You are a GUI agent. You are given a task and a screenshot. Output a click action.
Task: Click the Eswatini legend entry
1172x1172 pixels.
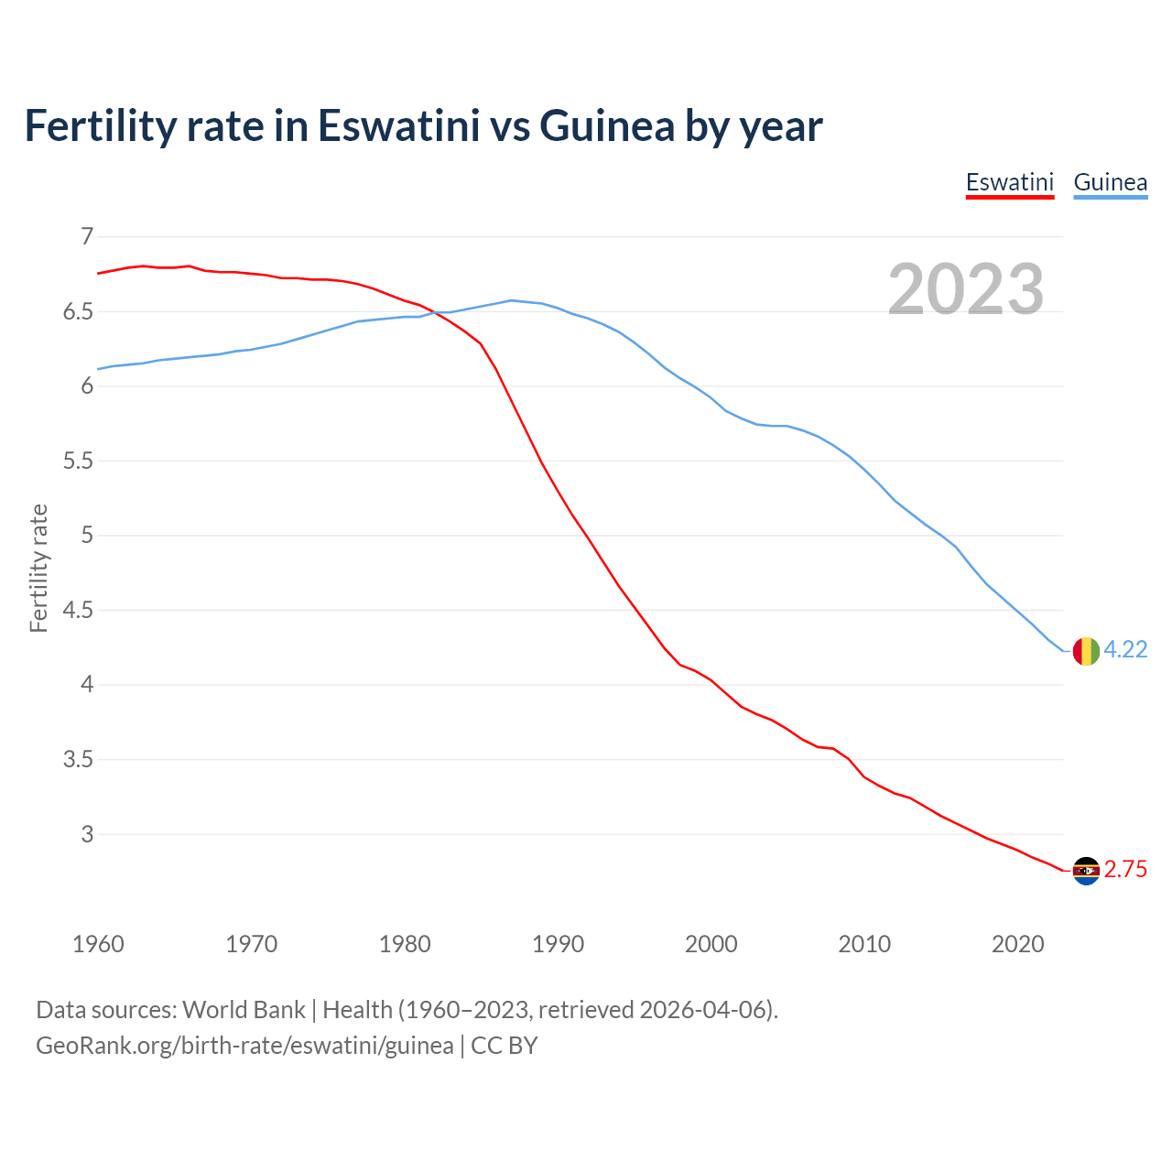pyautogui.click(x=1009, y=182)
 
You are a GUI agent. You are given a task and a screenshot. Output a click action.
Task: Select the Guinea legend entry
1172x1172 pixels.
pyautogui.click(x=1110, y=182)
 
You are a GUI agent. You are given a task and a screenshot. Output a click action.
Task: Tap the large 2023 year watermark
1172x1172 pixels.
pyautogui.click(x=966, y=289)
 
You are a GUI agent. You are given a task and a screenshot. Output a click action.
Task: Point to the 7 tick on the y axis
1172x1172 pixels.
pyautogui.click(x=87, y=237)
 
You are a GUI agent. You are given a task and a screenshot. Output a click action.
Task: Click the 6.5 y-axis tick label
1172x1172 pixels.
pyautogui.click(x=78, y=312)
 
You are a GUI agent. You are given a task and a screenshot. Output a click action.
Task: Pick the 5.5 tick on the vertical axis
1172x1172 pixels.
pyautogui.click(x=78, y=461)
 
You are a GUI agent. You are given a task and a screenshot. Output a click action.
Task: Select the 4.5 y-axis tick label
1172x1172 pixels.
pyautogui.click(x=78, y=611)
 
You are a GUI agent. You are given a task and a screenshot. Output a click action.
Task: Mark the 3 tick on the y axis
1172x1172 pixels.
pyautogui.click(x=87, y=834)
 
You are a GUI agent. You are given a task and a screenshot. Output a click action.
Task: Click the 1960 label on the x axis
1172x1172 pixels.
pyautogui.click(x=98, y=944)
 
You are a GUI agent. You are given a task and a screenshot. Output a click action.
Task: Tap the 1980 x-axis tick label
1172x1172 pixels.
pyautogui.click(x=405, y=944)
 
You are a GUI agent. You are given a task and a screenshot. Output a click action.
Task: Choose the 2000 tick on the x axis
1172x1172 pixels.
pyautogui.click(x=711, y=944)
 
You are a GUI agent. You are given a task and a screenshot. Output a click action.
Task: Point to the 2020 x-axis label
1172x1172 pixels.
pyautogui.click(x=1017, y=944)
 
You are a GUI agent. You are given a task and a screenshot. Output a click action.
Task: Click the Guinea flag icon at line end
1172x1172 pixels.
pyautogui.click(x=1085, y=650)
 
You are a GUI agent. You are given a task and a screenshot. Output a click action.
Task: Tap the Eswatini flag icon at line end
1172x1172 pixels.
pyautogui.click(x=1085, y=871)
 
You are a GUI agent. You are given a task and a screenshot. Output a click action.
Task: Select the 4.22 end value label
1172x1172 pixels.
pyautogui.click(x=1125, y=649)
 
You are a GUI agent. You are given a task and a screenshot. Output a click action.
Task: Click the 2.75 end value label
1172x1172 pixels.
pyautogui.click(x=1125, y=870)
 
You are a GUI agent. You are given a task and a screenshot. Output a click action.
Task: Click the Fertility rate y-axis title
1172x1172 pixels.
pyautogui.click(x=38, y=568)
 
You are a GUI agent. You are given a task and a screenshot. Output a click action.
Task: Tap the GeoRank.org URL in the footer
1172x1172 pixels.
pyautogui.click(x=244, y=1046)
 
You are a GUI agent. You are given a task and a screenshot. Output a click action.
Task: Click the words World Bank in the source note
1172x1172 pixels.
pyautogui.click(x=244, y=1010)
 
